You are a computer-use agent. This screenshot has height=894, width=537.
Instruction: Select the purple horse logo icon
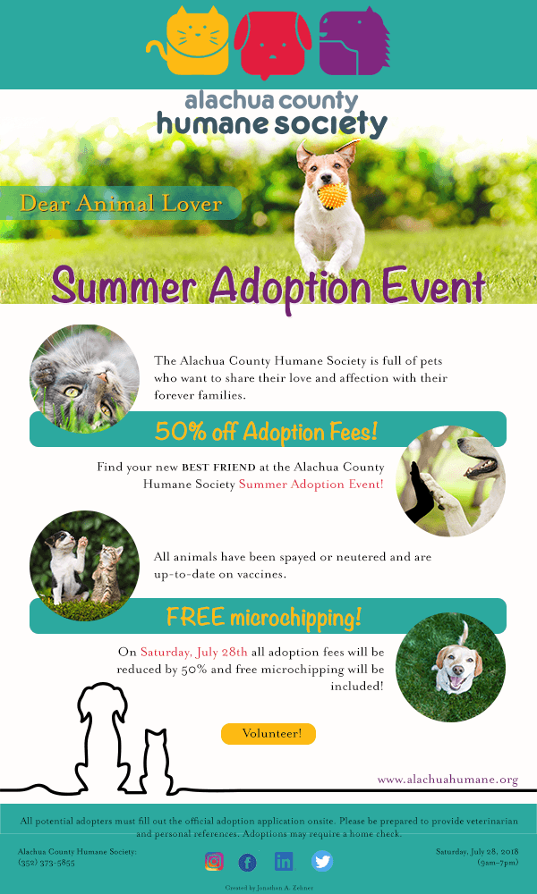click(x=354, y=41)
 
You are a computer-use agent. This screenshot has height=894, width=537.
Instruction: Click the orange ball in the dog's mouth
click(x=333, y=196)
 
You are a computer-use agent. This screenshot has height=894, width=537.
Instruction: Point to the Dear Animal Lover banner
click(x=121, y=203)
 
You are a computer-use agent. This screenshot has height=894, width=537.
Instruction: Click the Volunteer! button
click(x=268, y=734)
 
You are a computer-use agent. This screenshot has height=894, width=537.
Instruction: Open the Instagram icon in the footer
click(x=214, y=861)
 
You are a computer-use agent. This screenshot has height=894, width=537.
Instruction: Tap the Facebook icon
click(x=247, y=862)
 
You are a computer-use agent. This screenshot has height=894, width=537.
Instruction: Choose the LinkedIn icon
click(x=284, y=861)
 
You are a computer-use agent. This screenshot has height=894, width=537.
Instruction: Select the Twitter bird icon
click(x=322, y=861)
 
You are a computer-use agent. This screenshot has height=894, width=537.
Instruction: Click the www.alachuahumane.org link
click(x=448, y=780)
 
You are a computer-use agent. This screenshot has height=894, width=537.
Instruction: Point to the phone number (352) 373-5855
click(x=47, y=863)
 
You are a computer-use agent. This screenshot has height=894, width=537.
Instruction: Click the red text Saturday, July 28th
click(x=194, y=652)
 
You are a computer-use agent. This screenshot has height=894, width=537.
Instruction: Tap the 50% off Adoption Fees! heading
click(x=266, y=432)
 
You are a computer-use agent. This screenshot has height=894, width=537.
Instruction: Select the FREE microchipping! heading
click(x=264, y=616)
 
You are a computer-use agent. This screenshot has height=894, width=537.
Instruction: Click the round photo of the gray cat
click(x=84, y=379)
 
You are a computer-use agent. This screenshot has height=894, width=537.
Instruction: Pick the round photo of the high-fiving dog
click(x=451, y=481)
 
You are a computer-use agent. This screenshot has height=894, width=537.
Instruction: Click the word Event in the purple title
click(x=434, y=286)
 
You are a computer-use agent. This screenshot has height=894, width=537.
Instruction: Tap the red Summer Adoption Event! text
click(x=311, y=485)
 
